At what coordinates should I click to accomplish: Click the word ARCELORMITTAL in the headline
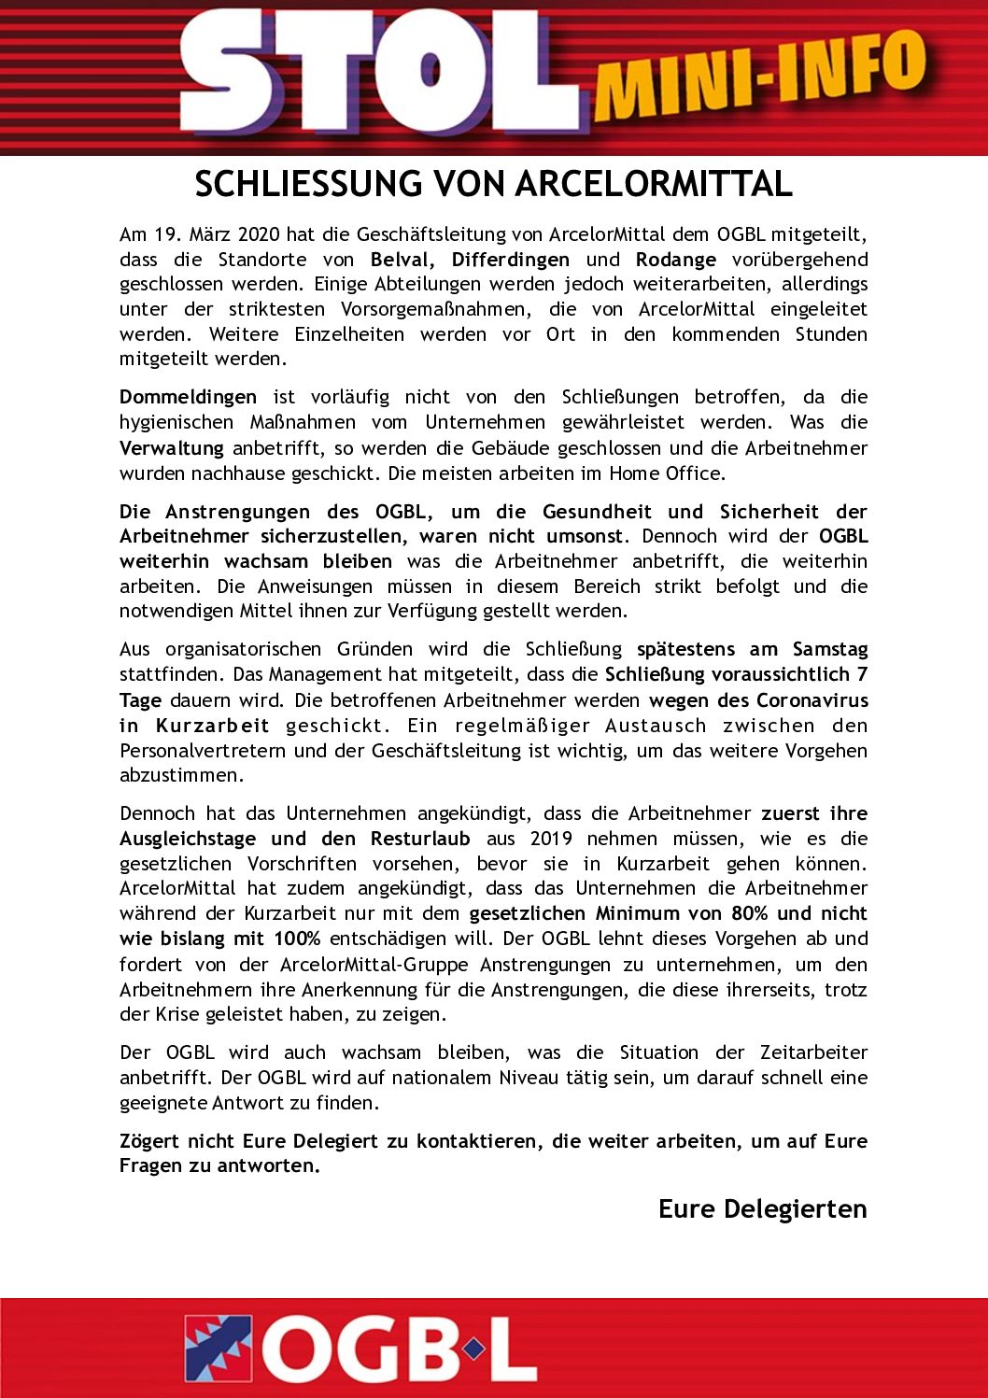tap(654, 184)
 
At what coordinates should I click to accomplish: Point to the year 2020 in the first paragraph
tap(259, 234)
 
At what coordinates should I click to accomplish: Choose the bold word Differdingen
tap(511, 260)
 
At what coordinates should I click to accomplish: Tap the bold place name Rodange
tap(676, 260)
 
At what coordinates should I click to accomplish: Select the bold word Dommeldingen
tap(188, 397)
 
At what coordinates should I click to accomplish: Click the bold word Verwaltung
tap(172, 448)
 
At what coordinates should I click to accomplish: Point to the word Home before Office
tap(635, 473)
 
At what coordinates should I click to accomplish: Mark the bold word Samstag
tap(830, 649)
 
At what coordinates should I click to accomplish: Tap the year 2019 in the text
tap(551, 839)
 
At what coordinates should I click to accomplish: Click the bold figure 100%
tap(297, 939)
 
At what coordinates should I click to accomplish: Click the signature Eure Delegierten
tap(762, 1208)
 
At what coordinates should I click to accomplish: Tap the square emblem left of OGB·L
tap(219, 1349)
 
